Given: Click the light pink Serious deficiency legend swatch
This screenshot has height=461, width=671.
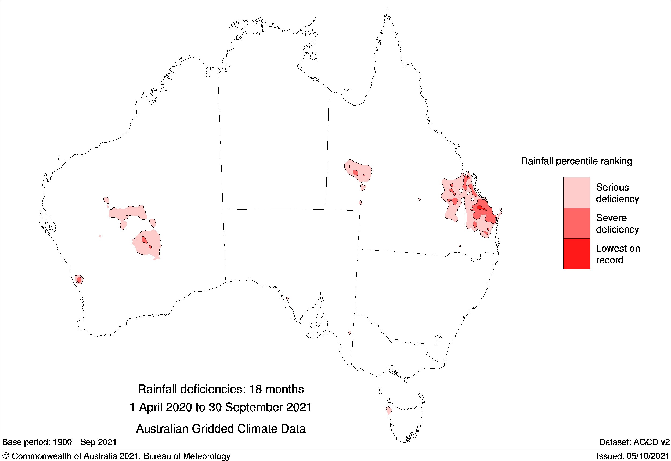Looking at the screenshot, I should (576, 192).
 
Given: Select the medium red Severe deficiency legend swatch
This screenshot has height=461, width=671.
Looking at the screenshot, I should (576, 223).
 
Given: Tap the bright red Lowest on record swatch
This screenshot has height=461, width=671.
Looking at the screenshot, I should (576, 254).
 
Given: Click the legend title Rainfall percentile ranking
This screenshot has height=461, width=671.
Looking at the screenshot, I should (576, 161).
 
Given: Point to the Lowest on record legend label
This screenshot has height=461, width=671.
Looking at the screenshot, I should (618, 254).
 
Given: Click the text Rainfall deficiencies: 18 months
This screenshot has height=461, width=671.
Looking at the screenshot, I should (221, 389).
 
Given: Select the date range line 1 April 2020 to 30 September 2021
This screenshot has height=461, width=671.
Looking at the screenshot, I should (221, 408).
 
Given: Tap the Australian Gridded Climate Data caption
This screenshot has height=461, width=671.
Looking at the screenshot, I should (221, 429).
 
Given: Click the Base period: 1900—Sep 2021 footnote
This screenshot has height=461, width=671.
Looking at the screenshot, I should (59, 442).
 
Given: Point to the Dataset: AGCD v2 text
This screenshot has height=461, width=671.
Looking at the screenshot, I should (634, 442).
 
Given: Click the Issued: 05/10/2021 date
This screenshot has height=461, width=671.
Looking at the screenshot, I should (633, 456).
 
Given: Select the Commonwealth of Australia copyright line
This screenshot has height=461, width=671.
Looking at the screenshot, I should (116, 456).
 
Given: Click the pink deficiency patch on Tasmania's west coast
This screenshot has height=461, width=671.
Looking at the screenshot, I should (389, 411).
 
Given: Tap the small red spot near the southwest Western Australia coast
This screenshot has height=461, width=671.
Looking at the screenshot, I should (79, 279).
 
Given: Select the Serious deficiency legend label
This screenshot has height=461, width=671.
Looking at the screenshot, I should (617, 193).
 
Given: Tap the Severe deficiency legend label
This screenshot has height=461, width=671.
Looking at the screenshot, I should (617, 224).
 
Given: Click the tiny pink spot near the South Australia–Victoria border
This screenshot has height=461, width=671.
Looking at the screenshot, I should (350, 333).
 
